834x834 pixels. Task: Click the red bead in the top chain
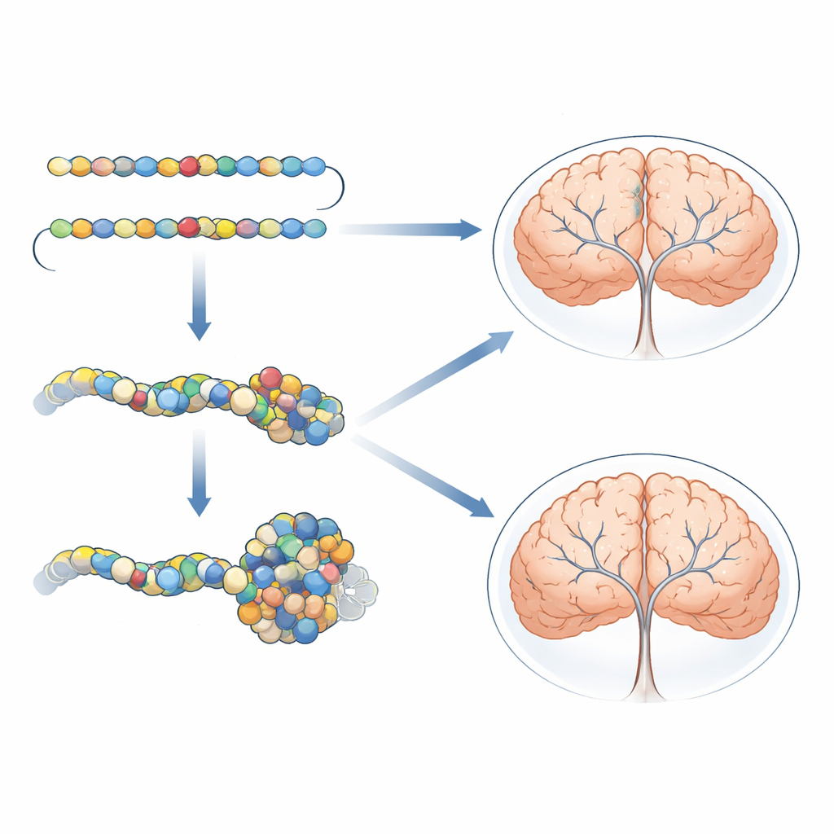(x=188, y=166)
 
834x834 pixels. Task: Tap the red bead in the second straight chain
(x=188, y=226)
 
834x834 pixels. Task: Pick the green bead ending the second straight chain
(x=60, y=227)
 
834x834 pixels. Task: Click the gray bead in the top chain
(x=124, y=166)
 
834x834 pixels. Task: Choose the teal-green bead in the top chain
(x=226, y=166)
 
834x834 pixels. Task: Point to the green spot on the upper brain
(x=636, y=196)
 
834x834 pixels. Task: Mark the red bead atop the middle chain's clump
(x=270, y=377)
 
